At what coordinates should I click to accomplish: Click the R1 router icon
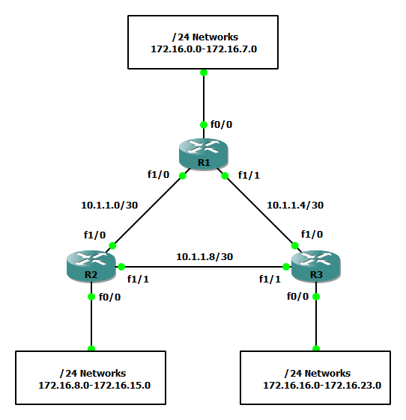pos(204,154)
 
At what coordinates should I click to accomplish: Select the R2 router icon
pos(91,266)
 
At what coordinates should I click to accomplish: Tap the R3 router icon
pos(316,266)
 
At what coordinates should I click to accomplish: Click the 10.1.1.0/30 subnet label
pos(109,206)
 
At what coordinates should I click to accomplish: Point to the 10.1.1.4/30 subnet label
pos(295,206)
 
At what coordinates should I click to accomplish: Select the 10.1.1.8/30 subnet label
pos(204,256)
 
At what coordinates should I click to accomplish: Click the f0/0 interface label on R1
pos(221,124)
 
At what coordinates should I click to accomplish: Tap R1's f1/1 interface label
pos(249,175)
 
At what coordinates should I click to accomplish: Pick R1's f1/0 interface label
pos(158,174)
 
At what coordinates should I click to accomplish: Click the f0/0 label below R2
pos(109,297)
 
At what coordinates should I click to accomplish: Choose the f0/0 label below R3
pos(297,296)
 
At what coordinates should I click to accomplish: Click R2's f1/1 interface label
pos(138,279)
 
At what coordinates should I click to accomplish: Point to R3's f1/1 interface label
pos(270,279)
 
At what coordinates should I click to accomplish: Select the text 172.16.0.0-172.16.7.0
pos(204,49)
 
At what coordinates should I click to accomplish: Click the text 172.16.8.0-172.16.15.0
pos(94,385)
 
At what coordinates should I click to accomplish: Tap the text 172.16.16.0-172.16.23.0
pos(322,385)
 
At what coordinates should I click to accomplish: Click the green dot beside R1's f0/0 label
pos(204,125)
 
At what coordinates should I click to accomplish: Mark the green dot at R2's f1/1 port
pos(121,267)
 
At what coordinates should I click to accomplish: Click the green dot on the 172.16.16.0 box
pos(316,348)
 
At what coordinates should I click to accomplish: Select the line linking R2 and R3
pos(204,267)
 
